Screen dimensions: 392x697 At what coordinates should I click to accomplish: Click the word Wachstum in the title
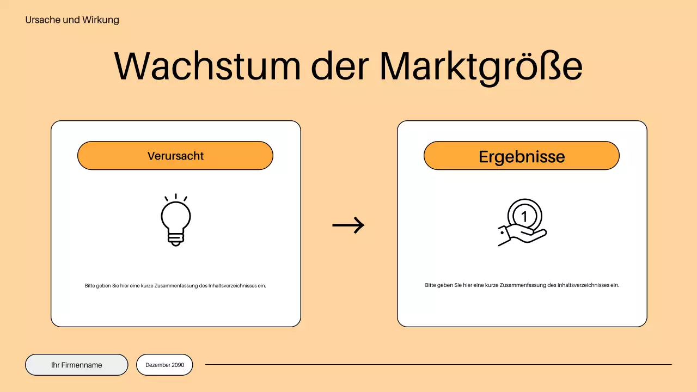click(x=207, y=66)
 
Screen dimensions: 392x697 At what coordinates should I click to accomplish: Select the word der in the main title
click(x=339, y=66)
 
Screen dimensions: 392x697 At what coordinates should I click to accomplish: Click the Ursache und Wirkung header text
click(x=72, y=20)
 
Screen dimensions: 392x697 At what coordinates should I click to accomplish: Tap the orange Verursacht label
click(x=175, y=156)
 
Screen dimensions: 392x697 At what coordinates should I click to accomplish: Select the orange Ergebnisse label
click(x=522, y=156)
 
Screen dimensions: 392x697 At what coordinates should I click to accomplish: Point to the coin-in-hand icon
click(x=523, y=223)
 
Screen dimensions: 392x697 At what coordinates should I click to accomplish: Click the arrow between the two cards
click(x=348, y=224)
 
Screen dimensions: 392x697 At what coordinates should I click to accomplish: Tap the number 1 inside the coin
click(x=524, y=216)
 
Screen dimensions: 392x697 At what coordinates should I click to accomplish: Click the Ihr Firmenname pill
click(x=77, y=365)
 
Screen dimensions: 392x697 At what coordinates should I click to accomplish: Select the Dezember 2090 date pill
click(x=164, y=365)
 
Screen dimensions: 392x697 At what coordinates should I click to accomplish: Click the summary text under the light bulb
click(x=175, y=285)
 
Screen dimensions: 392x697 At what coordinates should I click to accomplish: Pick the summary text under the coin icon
click(x=522, y=285)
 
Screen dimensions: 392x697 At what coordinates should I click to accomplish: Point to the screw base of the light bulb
click(x=175, y=238)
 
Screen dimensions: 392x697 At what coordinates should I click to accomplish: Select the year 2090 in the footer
click(x=178, y=365)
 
